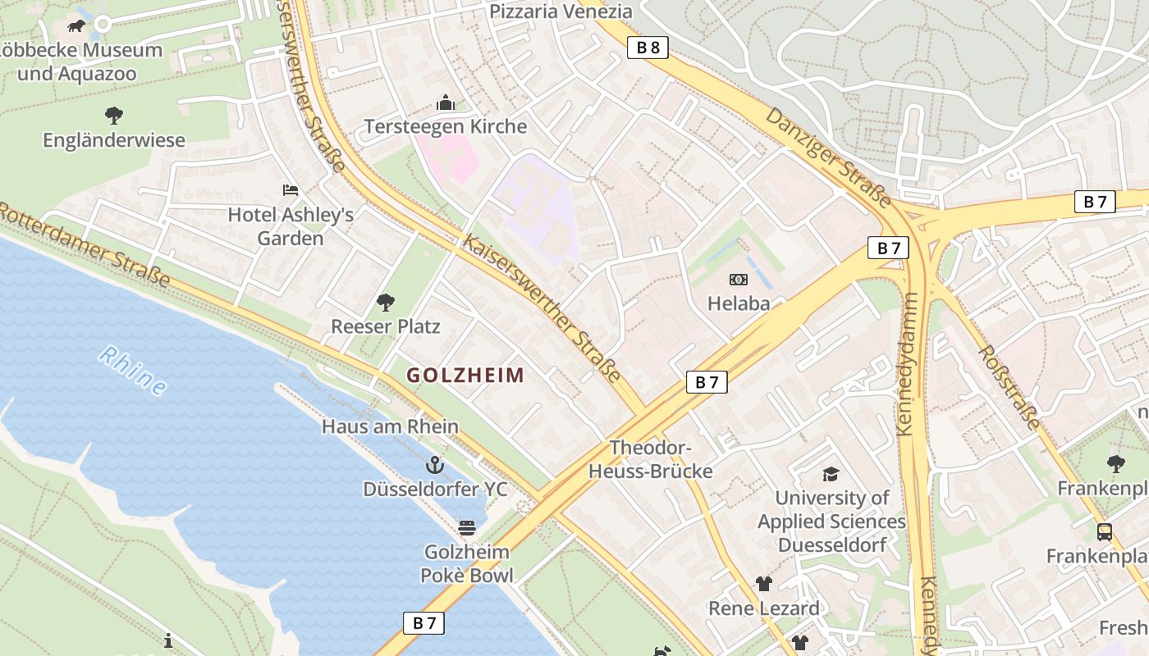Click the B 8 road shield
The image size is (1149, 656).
[648, 48]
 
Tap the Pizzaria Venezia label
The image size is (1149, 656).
[561, 11]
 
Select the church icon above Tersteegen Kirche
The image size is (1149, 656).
[446, 102]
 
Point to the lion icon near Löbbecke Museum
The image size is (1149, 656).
[76, 26]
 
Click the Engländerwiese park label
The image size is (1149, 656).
[114, 140]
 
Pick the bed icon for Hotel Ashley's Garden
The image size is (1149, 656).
[291, 190]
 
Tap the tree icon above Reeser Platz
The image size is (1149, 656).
[386, 303]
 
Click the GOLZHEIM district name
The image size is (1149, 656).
[465, 376]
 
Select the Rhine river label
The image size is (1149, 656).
[132, 370]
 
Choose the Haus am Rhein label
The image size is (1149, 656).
[390, 426]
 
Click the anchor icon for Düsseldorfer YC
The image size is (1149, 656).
[435, 466]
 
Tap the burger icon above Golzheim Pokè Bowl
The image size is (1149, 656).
[467, 527]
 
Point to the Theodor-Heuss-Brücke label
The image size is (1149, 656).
[651, 460]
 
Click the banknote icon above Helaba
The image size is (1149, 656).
[739, 280]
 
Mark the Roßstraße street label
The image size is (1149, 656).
[1009, 386]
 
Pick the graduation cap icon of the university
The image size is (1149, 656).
[831, 474]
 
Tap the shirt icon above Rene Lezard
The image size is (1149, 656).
[764, 584]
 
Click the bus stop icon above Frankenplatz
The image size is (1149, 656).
[1105, 532]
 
